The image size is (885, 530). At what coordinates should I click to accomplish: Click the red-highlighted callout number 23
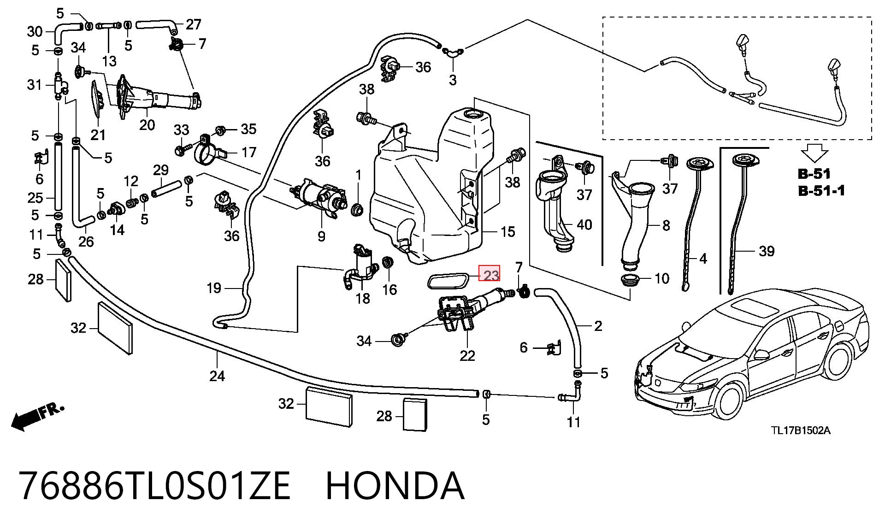pos(490,275)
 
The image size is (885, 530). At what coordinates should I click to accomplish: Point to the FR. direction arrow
pos(37,416)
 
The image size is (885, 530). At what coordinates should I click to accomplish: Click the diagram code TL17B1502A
pos(801,430)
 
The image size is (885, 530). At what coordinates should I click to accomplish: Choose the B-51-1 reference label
pos(821,190)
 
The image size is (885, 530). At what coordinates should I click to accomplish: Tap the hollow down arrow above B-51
pos(815,153)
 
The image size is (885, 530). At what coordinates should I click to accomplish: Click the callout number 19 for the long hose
pos(214,288)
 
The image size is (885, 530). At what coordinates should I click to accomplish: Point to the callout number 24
pos(217,376)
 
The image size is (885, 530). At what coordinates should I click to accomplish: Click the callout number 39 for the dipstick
pos(767,251)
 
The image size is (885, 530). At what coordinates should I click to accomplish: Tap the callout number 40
pos(584,225)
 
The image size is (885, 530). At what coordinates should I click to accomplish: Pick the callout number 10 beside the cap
pos(662,278)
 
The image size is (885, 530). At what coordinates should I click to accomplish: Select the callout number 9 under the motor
pos(321,236)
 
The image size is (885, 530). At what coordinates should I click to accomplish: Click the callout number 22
pos(467,355)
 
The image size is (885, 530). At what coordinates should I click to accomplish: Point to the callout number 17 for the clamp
pos(249,152)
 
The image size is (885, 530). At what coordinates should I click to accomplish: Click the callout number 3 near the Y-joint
pos(453,80)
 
